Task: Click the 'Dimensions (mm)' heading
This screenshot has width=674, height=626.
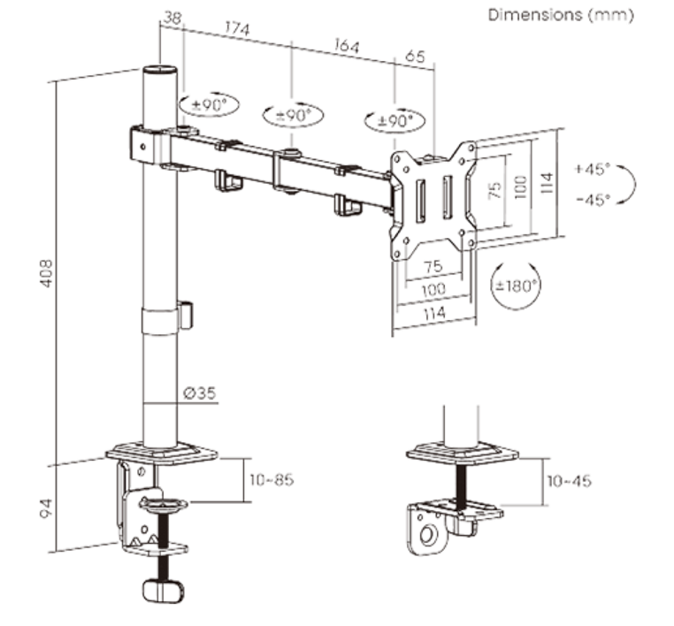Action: (x=561, y=16)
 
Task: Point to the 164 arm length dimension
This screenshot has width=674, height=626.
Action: (x=344, y=45)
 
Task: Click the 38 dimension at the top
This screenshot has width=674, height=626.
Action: (x=172, y=18)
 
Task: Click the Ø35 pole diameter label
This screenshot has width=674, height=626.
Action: (x=202, y=393)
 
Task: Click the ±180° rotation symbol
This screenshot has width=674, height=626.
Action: (x=516, y=286)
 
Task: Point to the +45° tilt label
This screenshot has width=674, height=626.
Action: (x=592, y=167)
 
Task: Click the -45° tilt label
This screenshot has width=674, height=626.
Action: (x=592, y=199)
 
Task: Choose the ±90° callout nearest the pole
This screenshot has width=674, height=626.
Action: (x=208, y=104)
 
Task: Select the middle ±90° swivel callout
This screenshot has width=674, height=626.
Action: (x=293, y=115)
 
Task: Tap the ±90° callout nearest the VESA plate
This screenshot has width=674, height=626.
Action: (x=394, y=120)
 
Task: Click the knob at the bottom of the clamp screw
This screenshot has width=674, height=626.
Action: (x=164, y=589)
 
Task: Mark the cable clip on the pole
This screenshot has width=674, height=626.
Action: (x=186, y=315)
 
